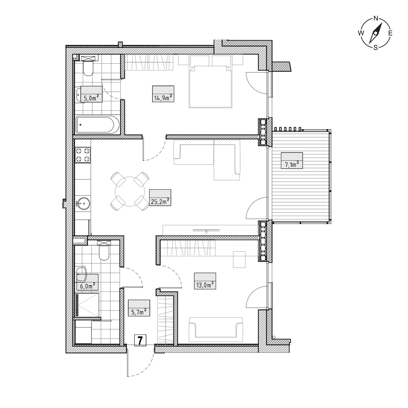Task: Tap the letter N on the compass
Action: [376, 19]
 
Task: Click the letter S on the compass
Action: [375, 47]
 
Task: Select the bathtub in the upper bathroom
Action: [98, 125]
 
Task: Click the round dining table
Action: [130, 192]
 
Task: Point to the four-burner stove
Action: [83, 155]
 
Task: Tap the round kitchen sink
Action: [83, 203]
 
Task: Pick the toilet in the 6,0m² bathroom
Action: [104, 253]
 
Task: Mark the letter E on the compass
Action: [390, 33]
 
